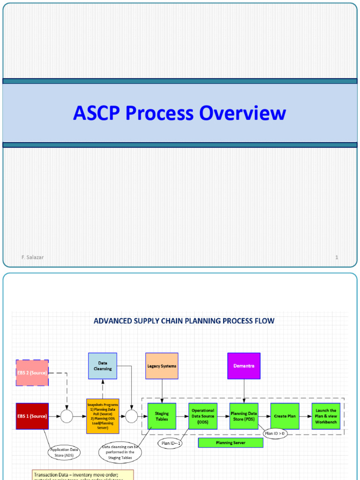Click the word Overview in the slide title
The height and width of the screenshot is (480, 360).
(242, 113)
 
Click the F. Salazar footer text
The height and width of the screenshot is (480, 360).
(32, 257)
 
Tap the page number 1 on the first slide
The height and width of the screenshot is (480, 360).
(337, 257)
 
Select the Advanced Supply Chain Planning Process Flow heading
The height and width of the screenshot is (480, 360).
(184, 321)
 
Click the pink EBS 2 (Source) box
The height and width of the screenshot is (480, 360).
(32, 373)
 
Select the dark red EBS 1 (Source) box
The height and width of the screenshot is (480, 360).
(32, 416)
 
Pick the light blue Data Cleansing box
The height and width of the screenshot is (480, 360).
(103, 366)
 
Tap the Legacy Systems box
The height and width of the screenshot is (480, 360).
(162, 366)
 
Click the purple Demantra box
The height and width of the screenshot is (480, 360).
(244, 366)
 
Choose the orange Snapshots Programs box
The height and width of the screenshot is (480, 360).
(103, 416)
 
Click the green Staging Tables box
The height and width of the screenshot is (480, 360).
(162, 416)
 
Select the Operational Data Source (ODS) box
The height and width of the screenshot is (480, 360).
(203, 416)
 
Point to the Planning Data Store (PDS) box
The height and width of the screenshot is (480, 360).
(244, 416)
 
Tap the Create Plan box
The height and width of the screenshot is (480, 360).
(285, 416)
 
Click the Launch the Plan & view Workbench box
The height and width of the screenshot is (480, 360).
(326, 416)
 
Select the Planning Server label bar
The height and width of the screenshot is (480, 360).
(231, 443)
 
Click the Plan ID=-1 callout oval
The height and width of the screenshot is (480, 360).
(171, 443)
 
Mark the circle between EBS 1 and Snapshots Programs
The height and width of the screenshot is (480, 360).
(67, 416)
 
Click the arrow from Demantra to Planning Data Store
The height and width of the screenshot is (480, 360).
(244, 391)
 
